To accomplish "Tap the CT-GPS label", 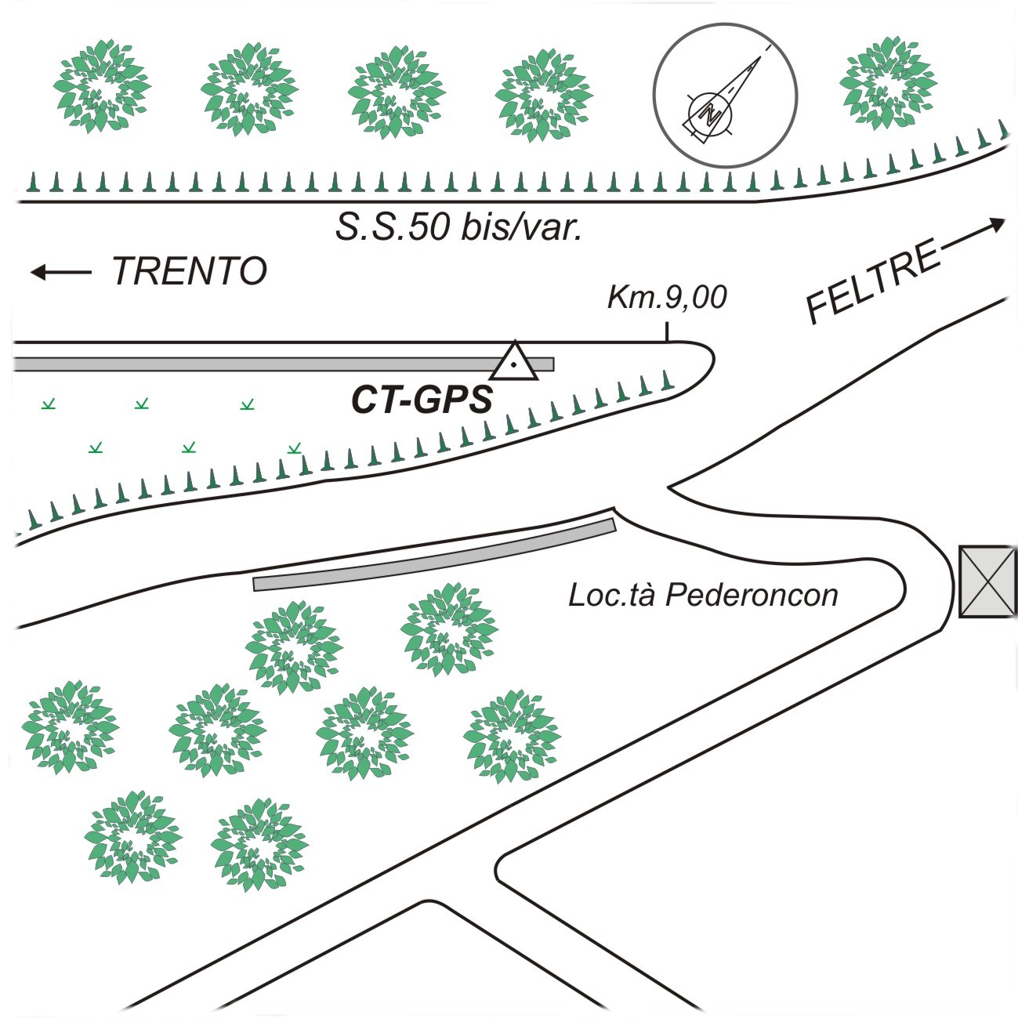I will (422, 400).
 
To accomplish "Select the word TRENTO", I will (190, 271).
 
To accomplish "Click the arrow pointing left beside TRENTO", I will (61, 272).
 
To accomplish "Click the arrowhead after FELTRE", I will (997, 225).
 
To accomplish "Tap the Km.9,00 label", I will (667, 297).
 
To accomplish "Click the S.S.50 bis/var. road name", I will (458, 227).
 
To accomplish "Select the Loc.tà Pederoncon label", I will (703, 596).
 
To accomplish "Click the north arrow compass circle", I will (726, 96).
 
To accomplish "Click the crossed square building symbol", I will (987, 581).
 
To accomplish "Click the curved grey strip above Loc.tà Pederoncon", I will (435, 556).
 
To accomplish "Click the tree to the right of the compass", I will (887, 82).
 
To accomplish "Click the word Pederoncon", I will (752, 596).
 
